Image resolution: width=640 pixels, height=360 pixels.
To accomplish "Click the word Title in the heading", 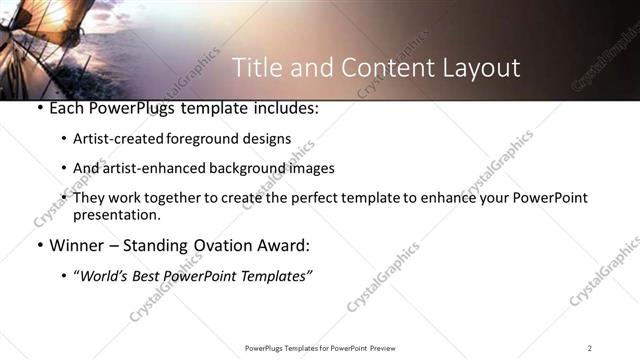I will tap(256, 68).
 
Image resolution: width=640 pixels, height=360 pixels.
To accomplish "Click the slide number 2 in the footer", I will tap(590, 348).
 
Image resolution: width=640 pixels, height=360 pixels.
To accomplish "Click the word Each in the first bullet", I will tap(66, 108).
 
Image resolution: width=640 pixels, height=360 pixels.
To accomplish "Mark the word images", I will tap(311, 168).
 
